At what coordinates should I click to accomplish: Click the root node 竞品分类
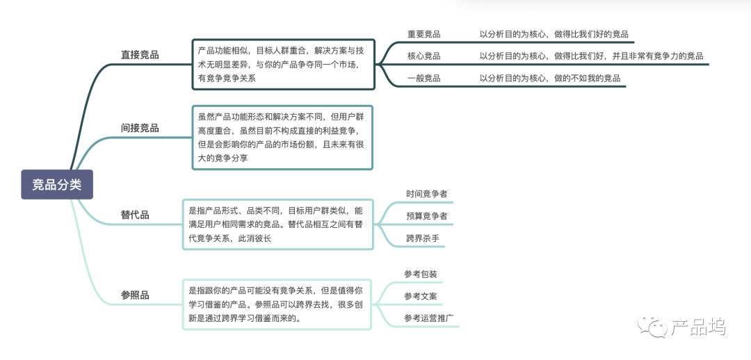56,184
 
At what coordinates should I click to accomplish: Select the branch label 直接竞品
140,54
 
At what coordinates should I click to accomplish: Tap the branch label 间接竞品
140,128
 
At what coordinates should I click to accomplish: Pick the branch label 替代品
135,215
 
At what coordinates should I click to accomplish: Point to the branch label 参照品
135,295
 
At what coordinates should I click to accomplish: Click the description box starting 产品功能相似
283,64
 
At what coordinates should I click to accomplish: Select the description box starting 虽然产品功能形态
282,138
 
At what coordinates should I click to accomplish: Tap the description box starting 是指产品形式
277,224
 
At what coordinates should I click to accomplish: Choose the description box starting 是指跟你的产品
277,304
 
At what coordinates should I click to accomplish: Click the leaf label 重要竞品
423,34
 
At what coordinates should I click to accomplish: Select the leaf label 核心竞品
423,56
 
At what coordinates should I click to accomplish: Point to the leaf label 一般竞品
423,78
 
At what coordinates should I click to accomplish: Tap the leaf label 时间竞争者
426,194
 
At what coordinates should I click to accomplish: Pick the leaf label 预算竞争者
426,216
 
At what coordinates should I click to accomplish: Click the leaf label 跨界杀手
423,238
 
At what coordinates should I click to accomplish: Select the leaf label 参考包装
421,274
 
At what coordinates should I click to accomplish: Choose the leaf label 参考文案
421,296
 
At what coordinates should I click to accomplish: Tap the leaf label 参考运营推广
429,318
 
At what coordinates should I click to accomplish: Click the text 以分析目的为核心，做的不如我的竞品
550,78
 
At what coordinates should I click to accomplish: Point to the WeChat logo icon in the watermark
654,327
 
